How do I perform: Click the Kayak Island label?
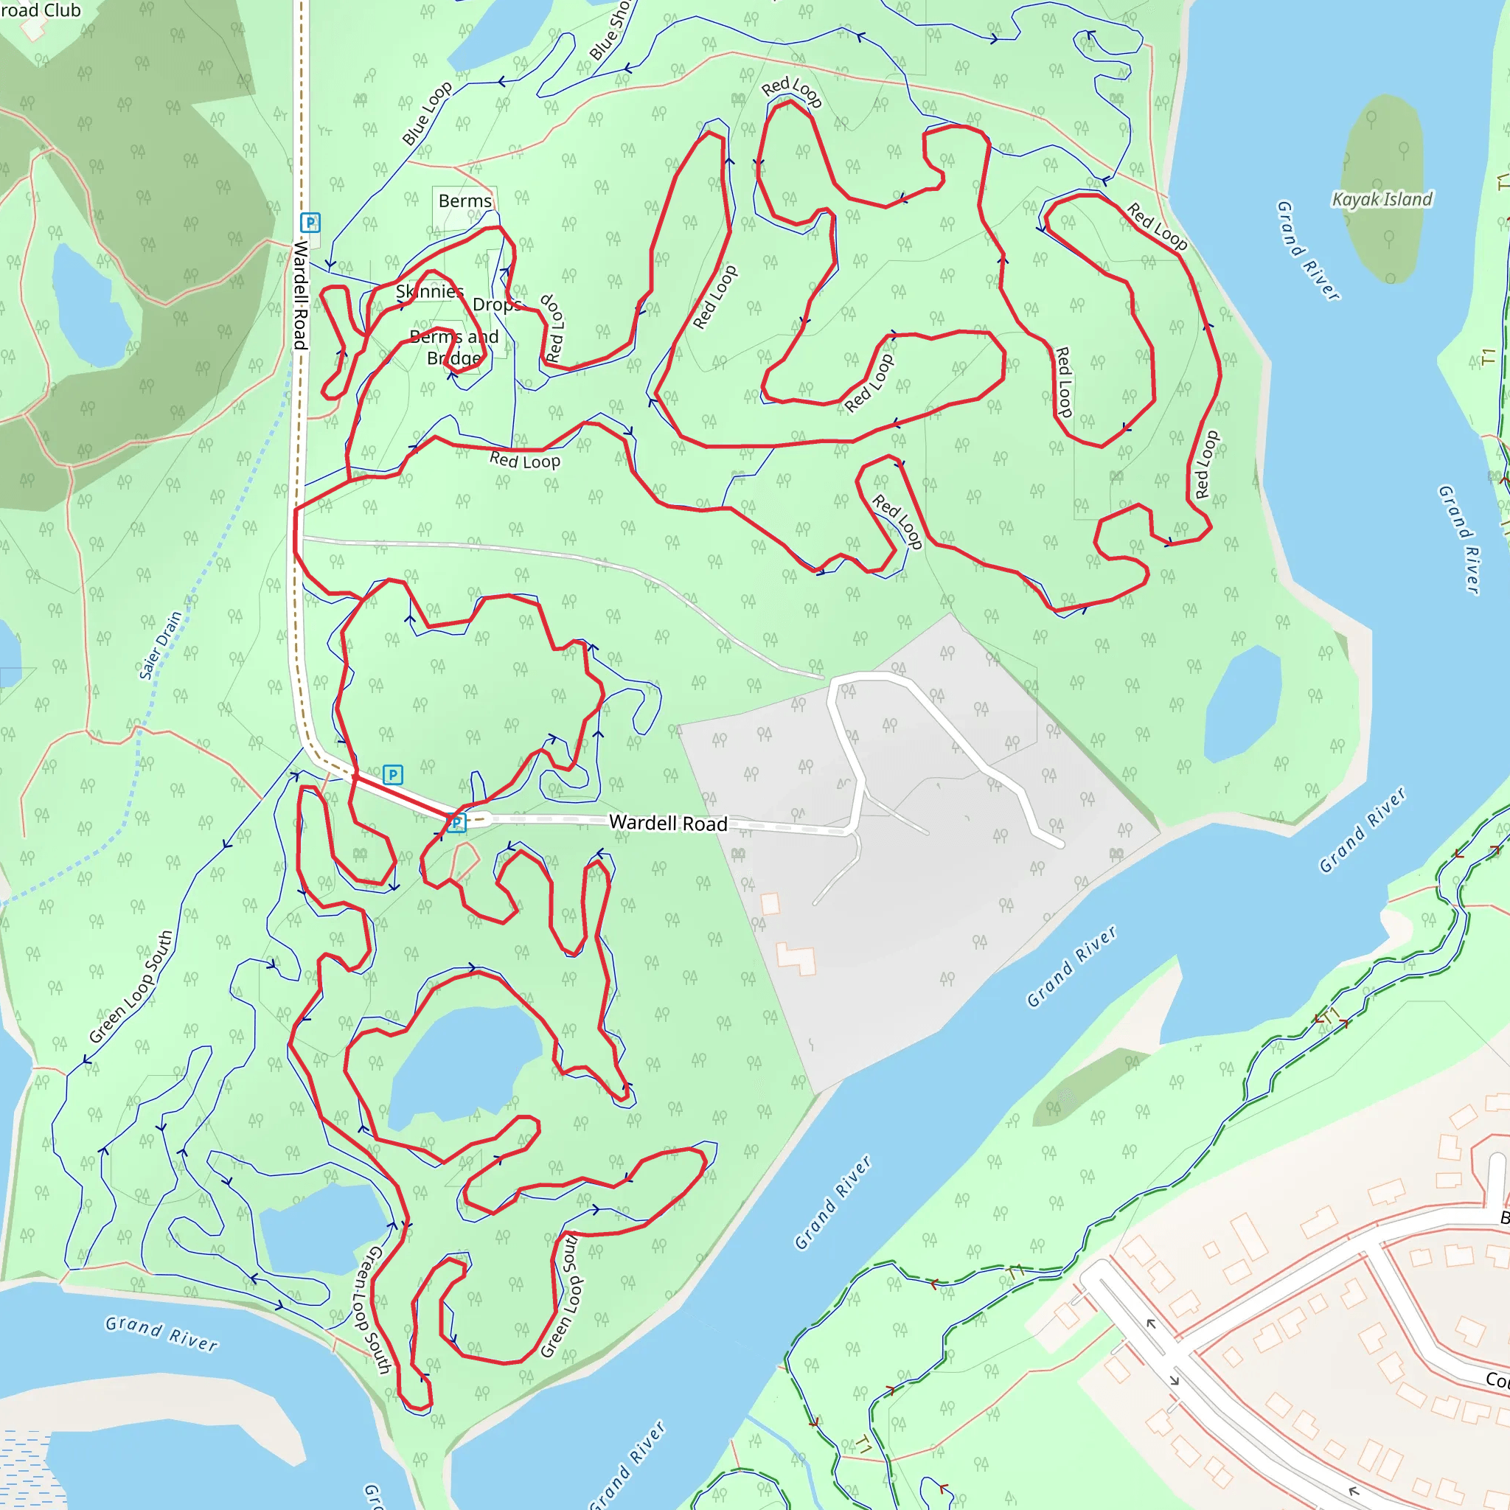(1382, 199)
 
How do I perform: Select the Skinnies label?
(429, 291)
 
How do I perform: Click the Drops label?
(497, 304)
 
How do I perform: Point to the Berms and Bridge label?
(454, 348)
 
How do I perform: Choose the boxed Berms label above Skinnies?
(465, 201)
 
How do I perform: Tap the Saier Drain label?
(160, 645)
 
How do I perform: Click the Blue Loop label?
(427, 114)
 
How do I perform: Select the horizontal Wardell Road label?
(668, 823)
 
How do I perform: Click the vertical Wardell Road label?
(300, 295)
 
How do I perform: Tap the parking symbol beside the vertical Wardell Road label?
(310, 223)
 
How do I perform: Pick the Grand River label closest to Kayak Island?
(1307, 250)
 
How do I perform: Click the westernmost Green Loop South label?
(131, 987)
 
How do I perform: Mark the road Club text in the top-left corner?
(41, 10)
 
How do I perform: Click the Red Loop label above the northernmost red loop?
(792, 91)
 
